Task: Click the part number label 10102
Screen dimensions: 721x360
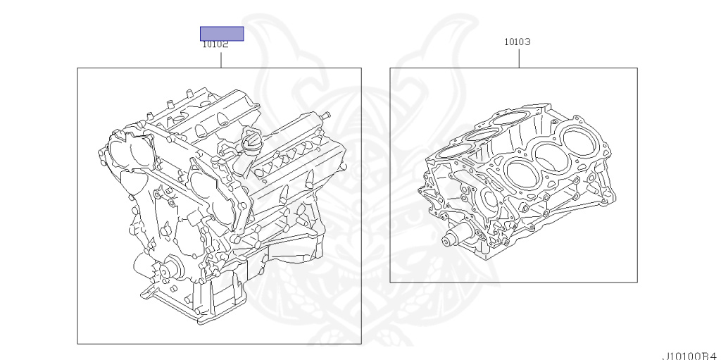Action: click(x=215, y=44)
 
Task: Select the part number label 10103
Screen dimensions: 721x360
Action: click(x=518, y=42)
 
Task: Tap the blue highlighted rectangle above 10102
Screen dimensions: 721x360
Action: click(x=222, y=34)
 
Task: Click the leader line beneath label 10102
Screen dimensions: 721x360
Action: click(x=221, y=61)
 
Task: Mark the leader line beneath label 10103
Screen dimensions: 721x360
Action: click(x=519, y=58)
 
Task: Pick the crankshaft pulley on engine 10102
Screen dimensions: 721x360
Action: click(x=166, y=271)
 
